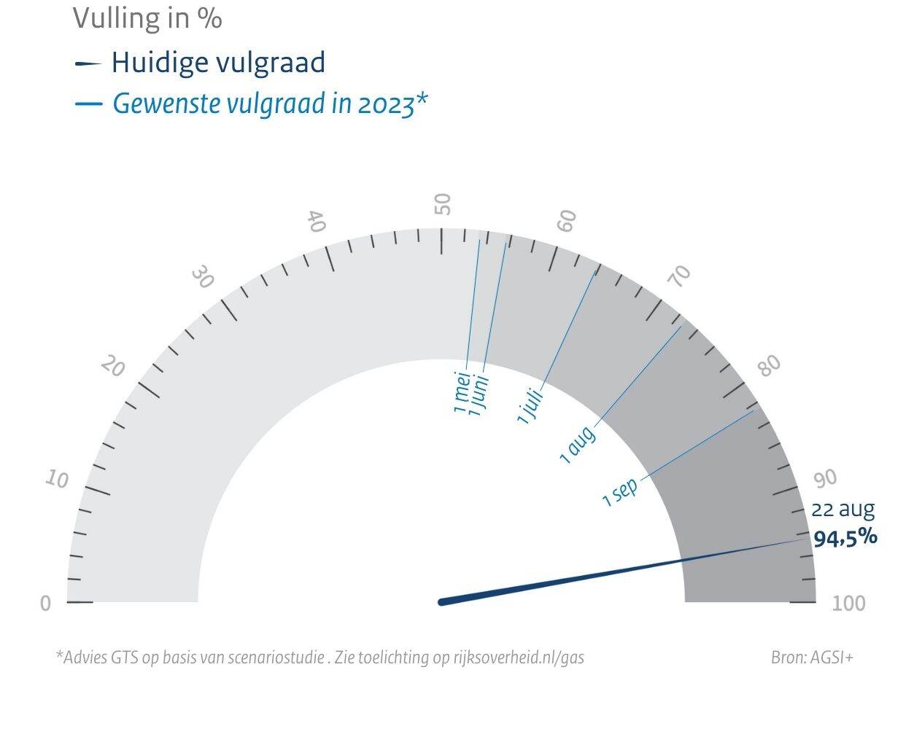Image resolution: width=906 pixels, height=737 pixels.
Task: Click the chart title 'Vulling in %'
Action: tap(147, 18)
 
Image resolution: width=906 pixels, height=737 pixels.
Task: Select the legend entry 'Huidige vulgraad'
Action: tap(217, 63)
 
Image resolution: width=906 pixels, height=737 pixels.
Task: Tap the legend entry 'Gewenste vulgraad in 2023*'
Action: tap(268, 104)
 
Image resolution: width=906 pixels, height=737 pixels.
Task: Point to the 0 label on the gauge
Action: tap(45, 604)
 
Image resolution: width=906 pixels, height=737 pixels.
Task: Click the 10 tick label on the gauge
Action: tap(57, 479)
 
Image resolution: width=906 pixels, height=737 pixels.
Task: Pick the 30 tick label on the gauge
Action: tap(203, 278)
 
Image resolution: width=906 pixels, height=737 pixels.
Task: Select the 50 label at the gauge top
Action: tap(443, 204)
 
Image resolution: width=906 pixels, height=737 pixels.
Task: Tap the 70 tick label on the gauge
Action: tap(680, 276)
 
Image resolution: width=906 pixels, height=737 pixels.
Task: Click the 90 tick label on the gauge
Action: tap(825, 479)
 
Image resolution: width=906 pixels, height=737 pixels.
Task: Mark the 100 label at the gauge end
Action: tap(848, 604)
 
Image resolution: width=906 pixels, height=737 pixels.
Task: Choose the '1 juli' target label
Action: tap(530, 407)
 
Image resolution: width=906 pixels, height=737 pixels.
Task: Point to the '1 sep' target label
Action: tap(620, 492)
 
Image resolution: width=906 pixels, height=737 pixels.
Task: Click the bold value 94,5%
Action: tap(845, 538)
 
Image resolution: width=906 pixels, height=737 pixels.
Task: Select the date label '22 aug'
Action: tap(843, 510)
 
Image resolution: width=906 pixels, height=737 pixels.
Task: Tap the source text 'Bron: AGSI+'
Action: tap(811, 658)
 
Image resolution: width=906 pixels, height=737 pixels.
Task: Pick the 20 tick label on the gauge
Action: tap(112, 366)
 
